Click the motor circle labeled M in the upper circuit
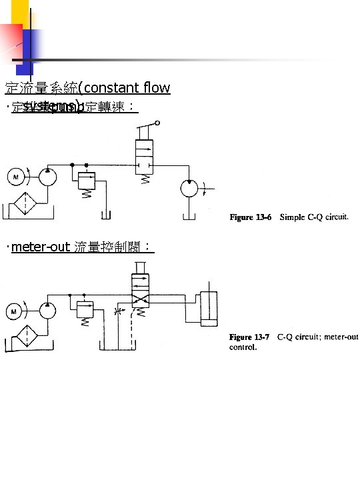[14, 177]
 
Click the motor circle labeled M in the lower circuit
[14, 310]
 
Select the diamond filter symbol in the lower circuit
[28, 335]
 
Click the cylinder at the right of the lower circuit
[209, 309]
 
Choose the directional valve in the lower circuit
[140, 293]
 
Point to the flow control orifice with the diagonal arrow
[121, 311]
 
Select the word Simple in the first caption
[293, 217]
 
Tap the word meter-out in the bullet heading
[40, 248]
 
